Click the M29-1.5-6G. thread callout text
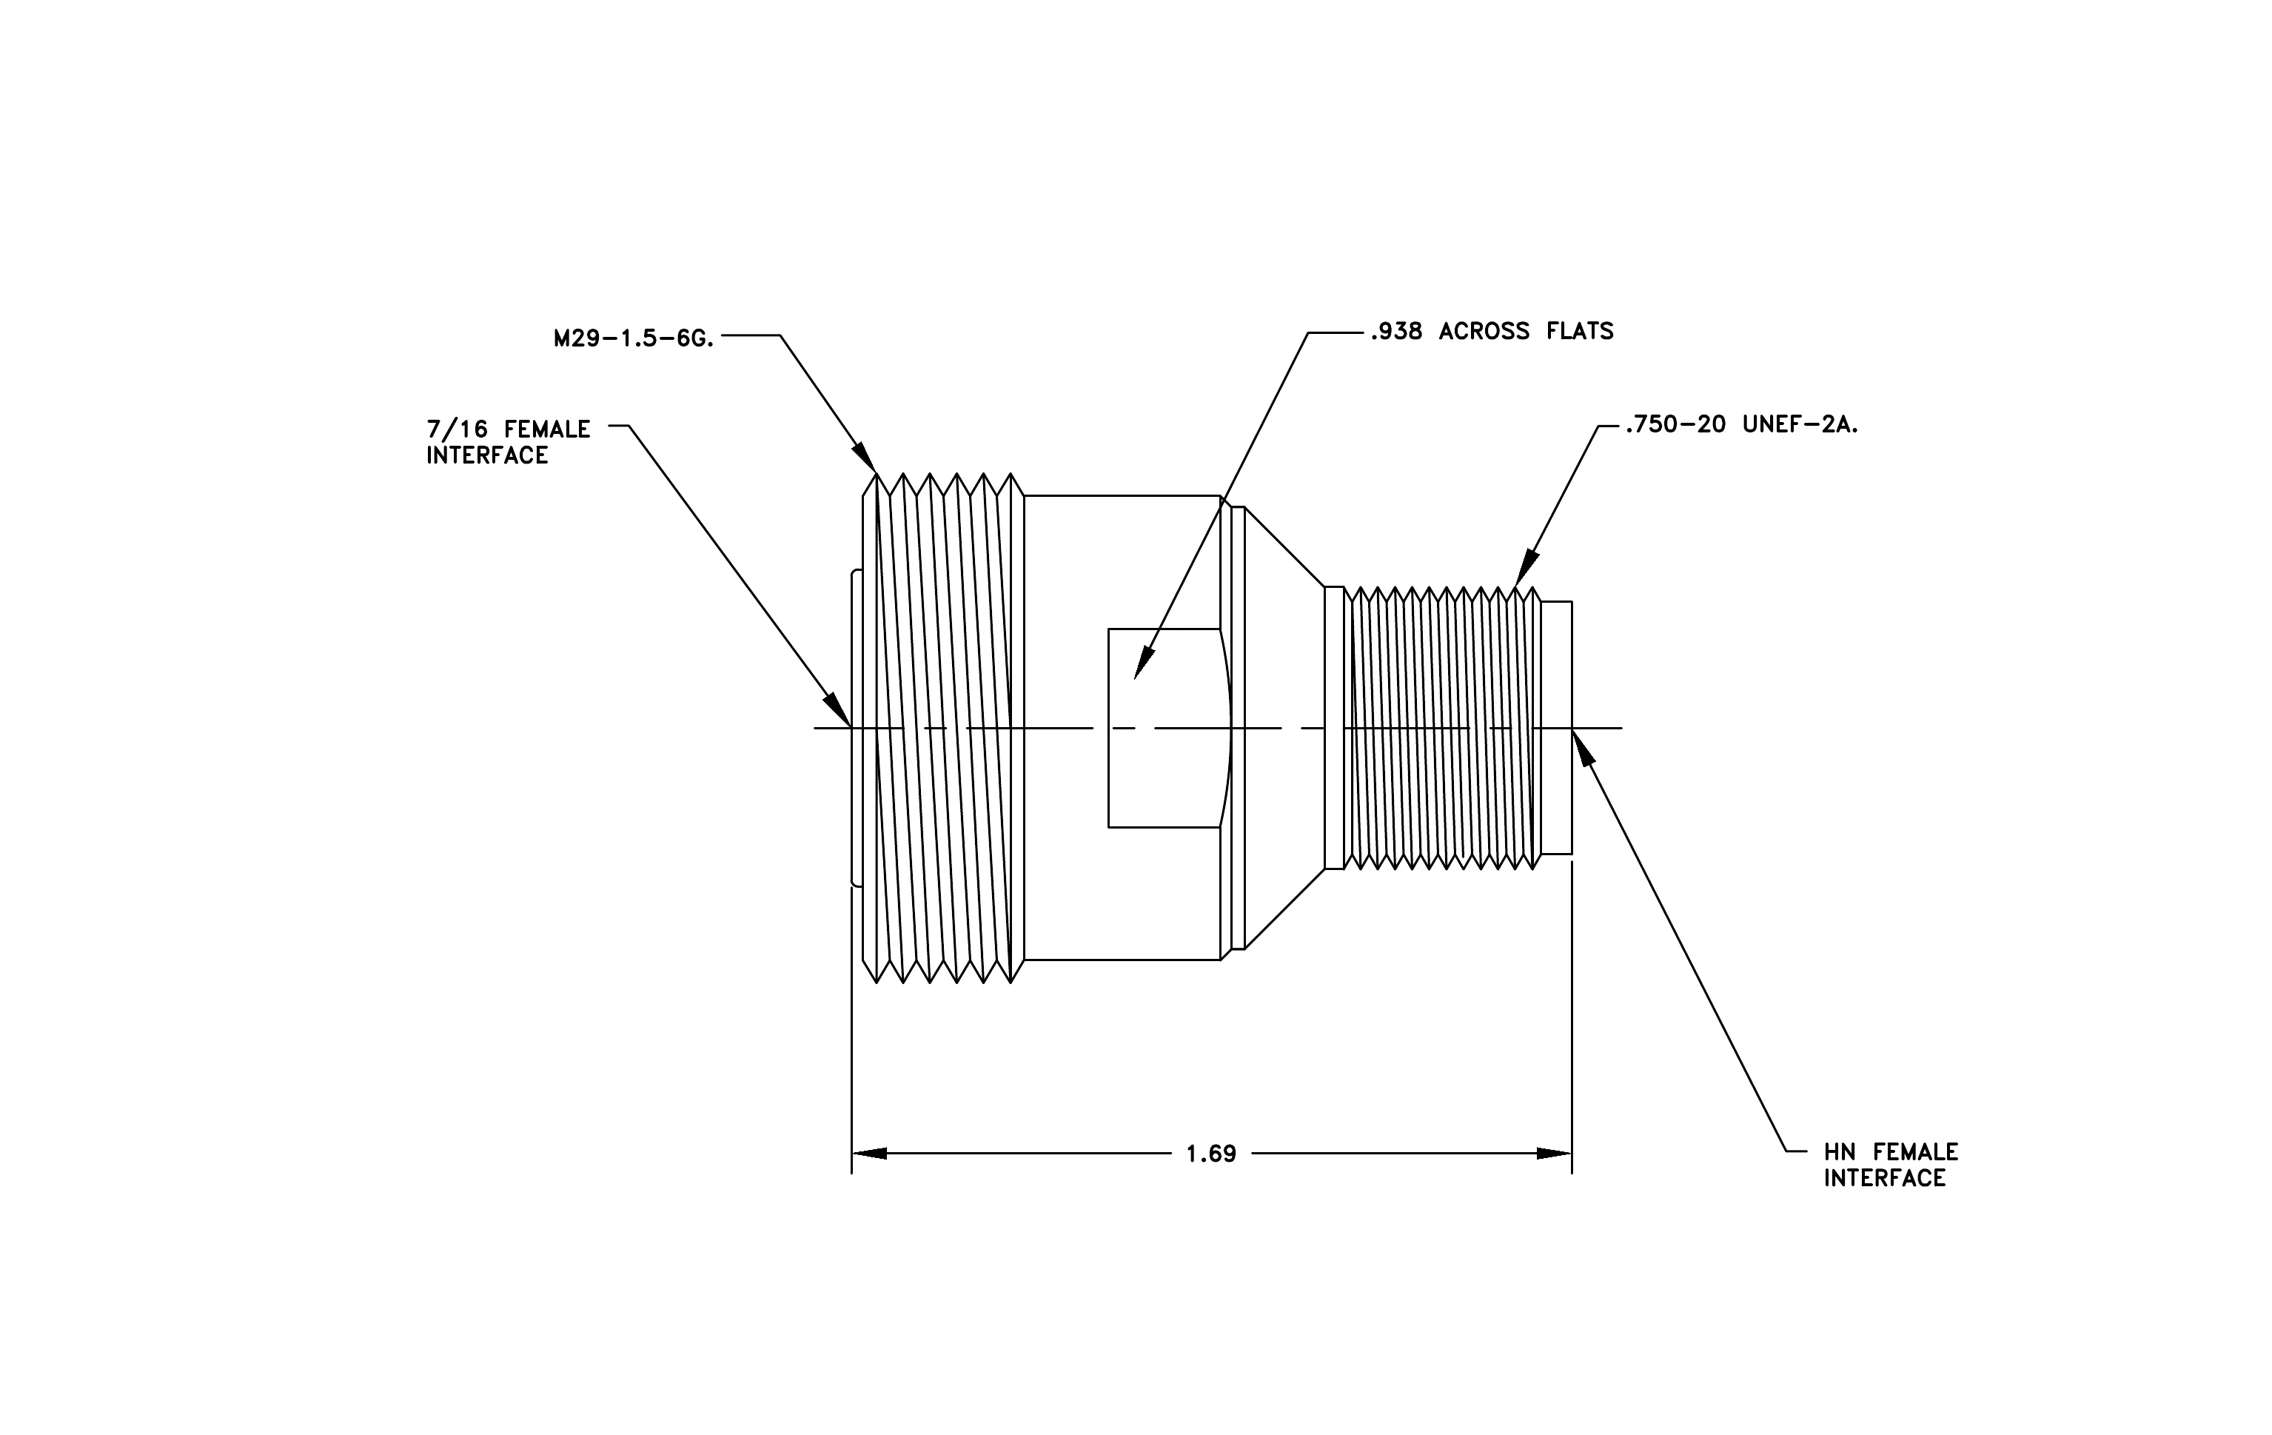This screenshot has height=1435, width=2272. [634, 338]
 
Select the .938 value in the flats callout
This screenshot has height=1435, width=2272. [1396, 331]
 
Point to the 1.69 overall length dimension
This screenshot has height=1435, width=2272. [1210, 1154]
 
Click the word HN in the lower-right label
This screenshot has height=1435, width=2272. [1840, 1152]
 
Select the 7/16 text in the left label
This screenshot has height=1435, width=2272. [458, 429]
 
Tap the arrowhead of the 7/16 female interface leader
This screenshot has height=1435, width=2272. [839, 709]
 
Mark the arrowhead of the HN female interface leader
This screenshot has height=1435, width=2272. [1582, 747]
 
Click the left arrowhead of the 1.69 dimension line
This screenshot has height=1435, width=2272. [869, 1153]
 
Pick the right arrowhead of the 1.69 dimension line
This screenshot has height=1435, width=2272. [1554, 1153]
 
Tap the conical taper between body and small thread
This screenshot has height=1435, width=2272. [1285, 727]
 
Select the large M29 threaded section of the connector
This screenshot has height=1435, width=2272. [944, 727]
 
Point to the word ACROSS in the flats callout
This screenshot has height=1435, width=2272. [1484, 331]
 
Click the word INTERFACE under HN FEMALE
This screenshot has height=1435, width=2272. [1885, 1178]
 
